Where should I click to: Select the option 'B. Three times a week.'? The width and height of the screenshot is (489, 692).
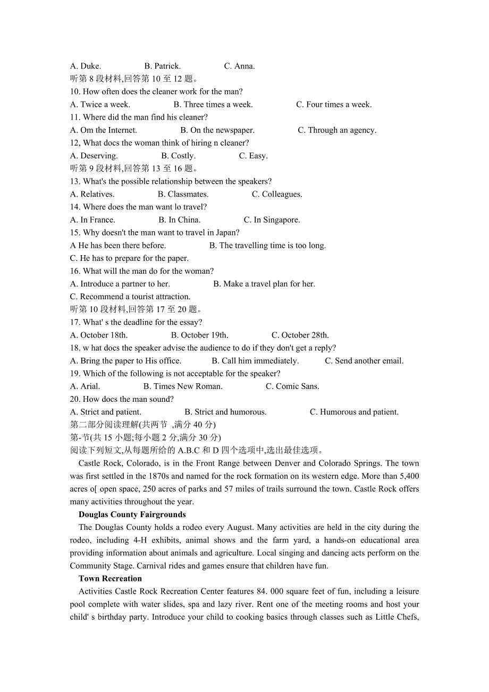[x=213, y=105]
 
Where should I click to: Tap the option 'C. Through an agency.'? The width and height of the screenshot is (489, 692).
[x=337, y=130]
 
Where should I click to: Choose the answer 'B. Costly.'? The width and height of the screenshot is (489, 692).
[x=179, y=156]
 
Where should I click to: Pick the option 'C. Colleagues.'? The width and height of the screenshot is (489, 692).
[x=277, y=195]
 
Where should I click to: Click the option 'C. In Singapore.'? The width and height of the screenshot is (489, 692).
[x=272, y=220]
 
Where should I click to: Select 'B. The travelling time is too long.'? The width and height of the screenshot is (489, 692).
[x=267, y=246]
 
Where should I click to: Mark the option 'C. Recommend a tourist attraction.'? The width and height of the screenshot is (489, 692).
[x=130, y=297]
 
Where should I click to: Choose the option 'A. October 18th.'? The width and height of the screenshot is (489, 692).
[x=99, y=335]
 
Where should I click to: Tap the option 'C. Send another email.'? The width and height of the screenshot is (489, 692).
[x=364, y=361]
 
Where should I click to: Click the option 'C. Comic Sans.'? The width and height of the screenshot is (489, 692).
[x=292, y=386]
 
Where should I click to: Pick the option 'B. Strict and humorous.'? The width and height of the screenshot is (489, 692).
[x=225, y=412]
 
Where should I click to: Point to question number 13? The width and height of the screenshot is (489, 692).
[x=75, y=182]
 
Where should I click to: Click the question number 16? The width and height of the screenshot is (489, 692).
[x=75, y=271]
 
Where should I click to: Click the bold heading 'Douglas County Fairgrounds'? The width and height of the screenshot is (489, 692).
[x=132, y=514]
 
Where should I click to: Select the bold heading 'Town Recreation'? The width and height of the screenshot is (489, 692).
[x=110, y=579]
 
